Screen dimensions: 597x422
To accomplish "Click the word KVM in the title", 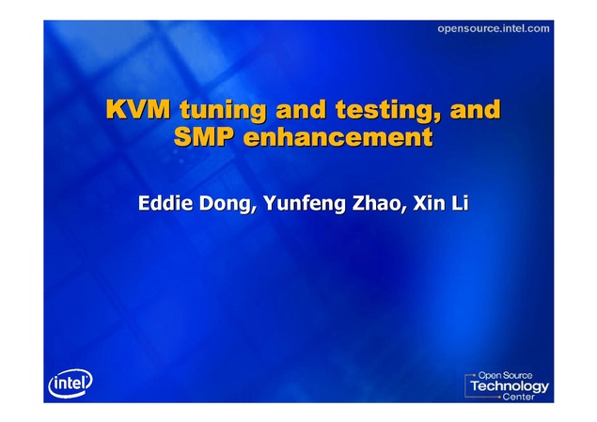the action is [138, 109].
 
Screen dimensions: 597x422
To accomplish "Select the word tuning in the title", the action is [223, 111].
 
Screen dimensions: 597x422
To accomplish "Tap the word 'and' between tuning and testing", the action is [301, 109].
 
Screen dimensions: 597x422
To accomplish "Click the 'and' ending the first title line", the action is [475, 109].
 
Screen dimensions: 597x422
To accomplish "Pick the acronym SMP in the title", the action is [203, 136].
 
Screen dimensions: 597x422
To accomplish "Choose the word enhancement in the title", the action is [338, 136].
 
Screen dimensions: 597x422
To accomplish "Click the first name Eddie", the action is [165, 203].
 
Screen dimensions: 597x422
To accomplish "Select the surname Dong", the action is [227, 205].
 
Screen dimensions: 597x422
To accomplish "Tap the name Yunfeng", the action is [305, 205].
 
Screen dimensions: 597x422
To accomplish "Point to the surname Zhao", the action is [376, 203].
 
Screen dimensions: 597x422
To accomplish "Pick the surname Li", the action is [460, 203].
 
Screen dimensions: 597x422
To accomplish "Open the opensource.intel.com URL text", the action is [494, 29].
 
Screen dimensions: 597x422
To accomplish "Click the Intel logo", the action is [71, 383].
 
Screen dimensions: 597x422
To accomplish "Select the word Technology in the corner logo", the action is [510, 386].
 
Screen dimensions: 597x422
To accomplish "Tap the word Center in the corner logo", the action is [519, 397].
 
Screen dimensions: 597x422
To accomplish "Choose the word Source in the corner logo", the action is [517, 376].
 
